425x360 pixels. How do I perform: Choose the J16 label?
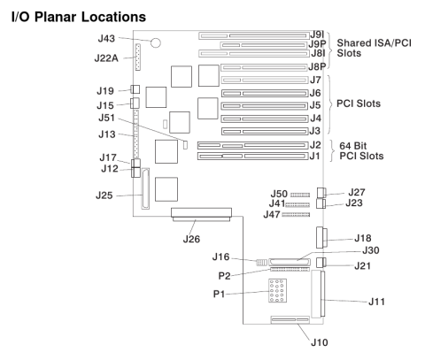click(223, 256)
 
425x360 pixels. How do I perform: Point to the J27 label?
click(357, 190)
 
